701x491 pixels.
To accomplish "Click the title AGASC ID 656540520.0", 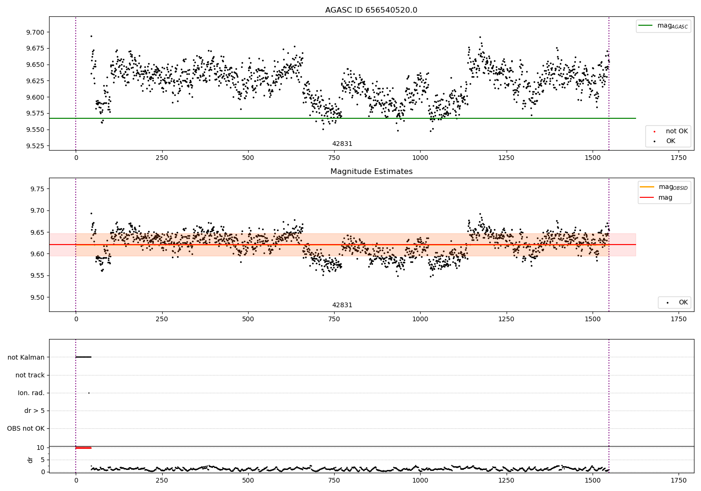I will pyautogui.click(x=371, y=10).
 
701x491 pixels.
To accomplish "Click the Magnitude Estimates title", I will pyautogui.click(x=371, y=172).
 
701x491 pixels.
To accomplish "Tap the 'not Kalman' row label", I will pyautogui.click(x=26, y=357).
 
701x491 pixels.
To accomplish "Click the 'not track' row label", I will pyautogui.click(x=30, y=375).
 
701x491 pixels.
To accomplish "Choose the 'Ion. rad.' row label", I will pyautogui.click(x=31, y=393).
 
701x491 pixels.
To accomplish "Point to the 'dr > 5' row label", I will pyautogui.click(x=35, y=411).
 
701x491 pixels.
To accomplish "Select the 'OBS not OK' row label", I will pyautogui.click(x=26, y=428).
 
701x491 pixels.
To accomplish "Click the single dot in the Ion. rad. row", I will pyautogui.click(x=89, y=393).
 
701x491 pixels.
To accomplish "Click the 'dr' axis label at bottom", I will pyautogui.click(x=30, y=460).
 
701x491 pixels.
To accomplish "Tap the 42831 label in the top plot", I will pyautogui.click(x=342, y=144).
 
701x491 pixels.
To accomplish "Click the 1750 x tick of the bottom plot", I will pyautogui.click(x=679, y=480).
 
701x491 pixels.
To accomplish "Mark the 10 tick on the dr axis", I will pyautogui.click(x=41, y=448).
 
